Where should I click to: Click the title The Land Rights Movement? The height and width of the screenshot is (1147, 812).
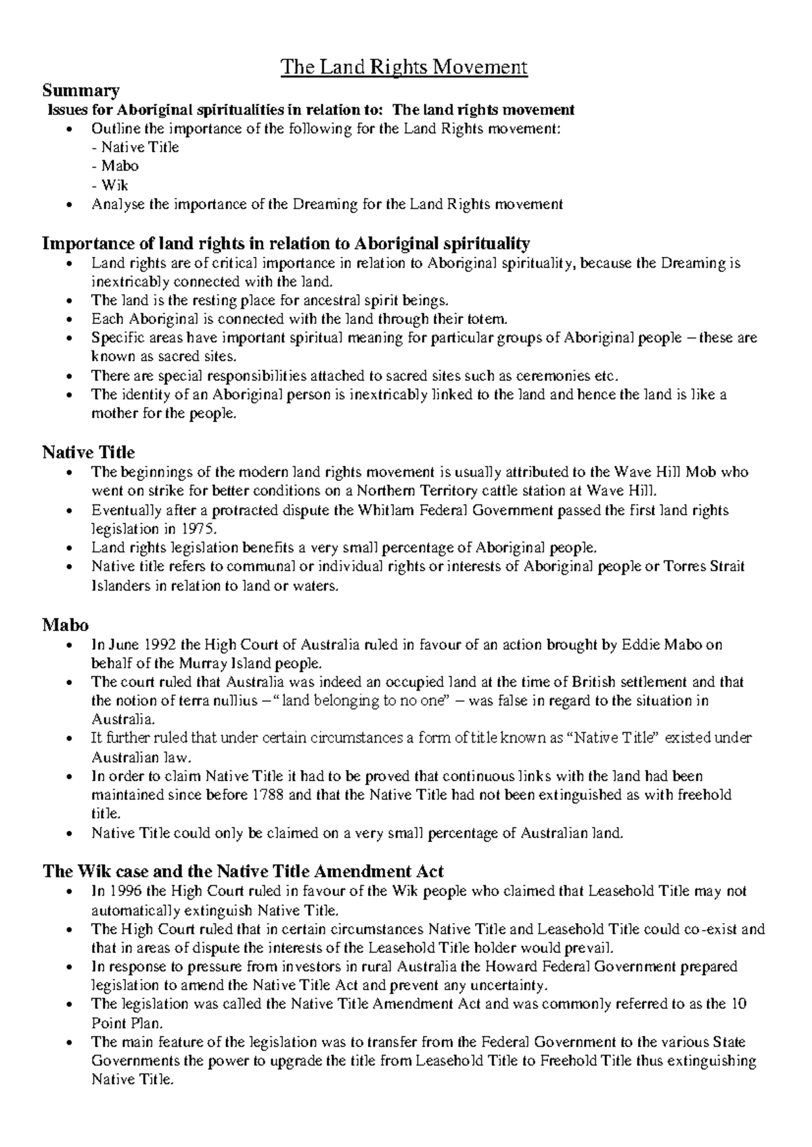[x=404, y=67]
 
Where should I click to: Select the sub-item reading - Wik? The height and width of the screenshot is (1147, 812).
[x=110, y=185]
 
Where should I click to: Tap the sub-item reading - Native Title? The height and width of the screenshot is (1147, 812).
[x=135, y=147]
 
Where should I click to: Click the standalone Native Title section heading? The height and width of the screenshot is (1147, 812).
[x=88, y=452]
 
